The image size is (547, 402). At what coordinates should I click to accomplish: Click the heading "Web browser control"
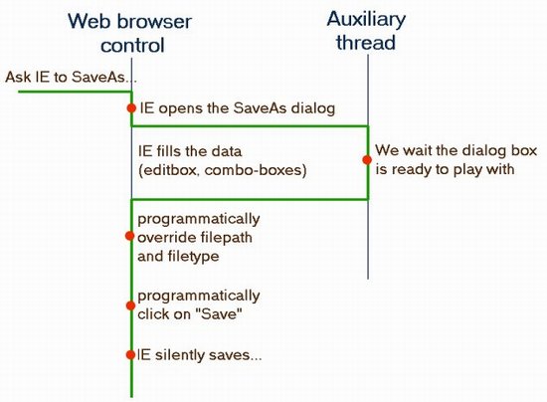click(129, 33)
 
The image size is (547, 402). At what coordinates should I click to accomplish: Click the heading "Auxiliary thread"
click(366, 31)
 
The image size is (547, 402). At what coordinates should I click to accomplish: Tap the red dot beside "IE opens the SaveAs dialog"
click(131, 108)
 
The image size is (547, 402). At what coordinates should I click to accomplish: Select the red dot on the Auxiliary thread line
click(367, 160)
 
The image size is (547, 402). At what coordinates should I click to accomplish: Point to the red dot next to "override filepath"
click(129, 236)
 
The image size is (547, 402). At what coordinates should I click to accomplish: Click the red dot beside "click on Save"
click(130, 305)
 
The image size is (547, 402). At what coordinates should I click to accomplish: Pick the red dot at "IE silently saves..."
click(130, 355)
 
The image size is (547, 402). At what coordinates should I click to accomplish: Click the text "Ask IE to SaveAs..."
click(71, 78)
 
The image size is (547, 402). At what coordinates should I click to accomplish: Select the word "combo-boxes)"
click(256, 170)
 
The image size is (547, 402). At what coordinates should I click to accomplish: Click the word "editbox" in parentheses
click(169, 170)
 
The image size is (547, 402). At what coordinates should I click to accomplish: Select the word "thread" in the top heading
click(366, 42)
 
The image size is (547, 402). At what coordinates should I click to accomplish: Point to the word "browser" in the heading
click(154, 22)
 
